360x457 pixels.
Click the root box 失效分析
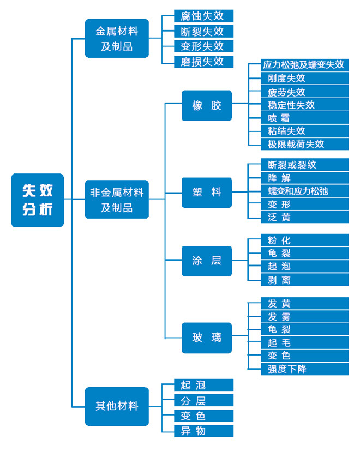click(38, 200)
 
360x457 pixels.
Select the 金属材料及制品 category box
click(117, 38)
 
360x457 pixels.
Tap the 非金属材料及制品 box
click(117, 200)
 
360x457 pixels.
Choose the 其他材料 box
click(117, 406)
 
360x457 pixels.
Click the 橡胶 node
click(207, 105)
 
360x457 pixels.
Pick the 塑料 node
click(207, 193)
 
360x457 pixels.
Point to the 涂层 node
click(207, 260)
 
